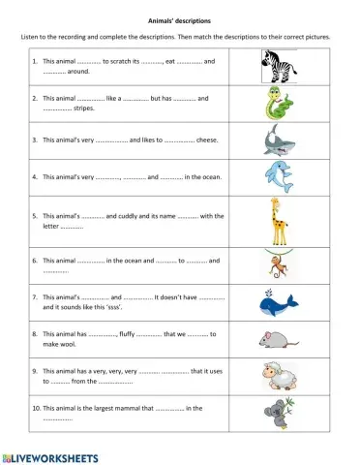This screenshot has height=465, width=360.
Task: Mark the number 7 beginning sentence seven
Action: (34, 297)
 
